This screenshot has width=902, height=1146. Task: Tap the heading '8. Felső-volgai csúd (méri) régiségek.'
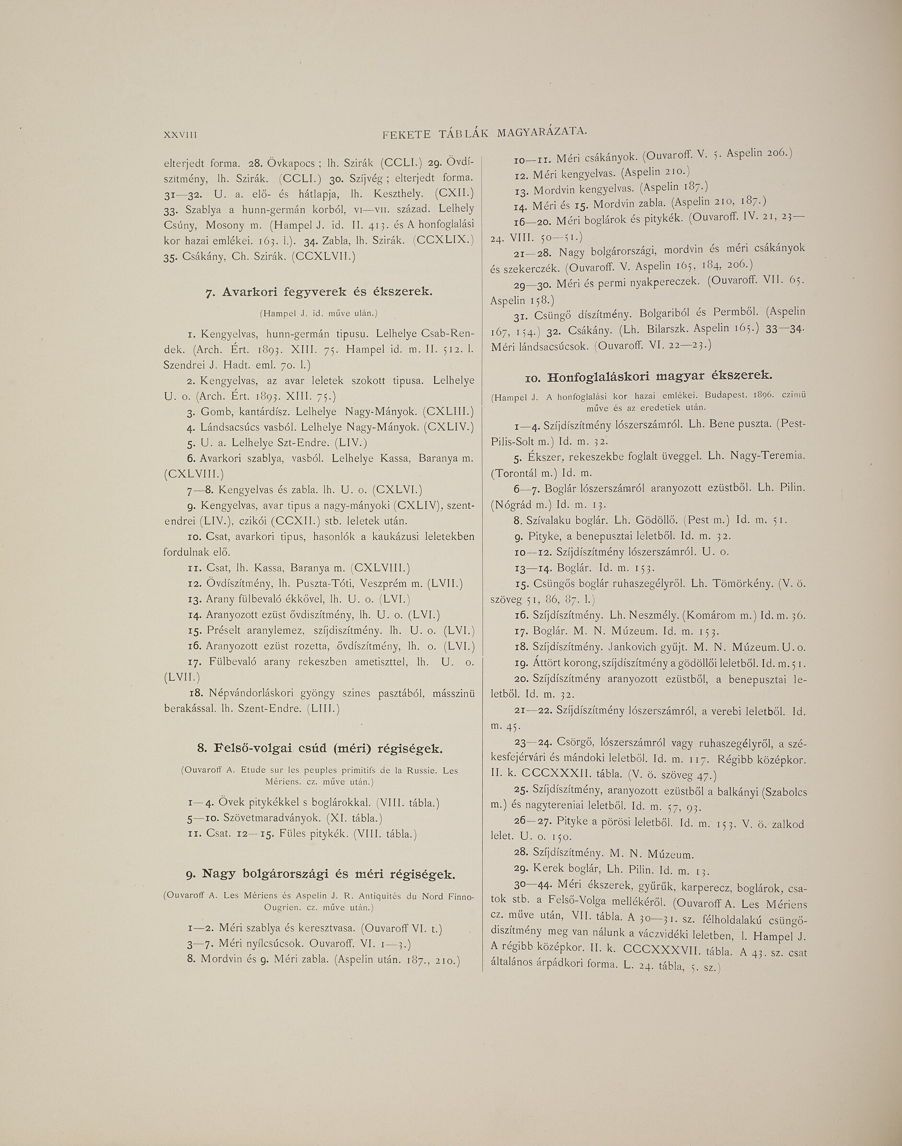(x=319, y=749)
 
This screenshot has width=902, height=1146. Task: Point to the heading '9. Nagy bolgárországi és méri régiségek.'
(x=320, y=875)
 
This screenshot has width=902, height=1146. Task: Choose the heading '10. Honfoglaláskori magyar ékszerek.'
(x=649, y=377)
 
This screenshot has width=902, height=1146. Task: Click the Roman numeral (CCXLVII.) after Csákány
(x=323, y=257)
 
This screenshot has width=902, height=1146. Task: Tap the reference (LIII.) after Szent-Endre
(x=323, y=709)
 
